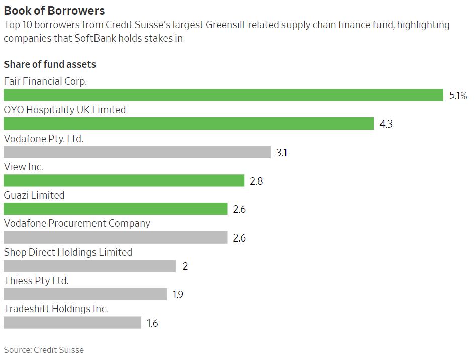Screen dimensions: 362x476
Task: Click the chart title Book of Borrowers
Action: click(54, 10)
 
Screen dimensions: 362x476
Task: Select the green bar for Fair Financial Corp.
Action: click(223, 95)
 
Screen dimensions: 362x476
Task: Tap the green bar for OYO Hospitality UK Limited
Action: click(188, 124)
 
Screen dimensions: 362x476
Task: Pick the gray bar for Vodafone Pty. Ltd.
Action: click(137, 152)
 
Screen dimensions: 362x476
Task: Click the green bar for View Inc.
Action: click(124, 181)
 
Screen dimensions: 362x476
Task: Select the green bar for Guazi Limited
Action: click(115, 209)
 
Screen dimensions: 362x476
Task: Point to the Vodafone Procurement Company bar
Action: click(115, 237)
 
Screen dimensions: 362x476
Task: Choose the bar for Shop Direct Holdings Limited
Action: click(89, 266)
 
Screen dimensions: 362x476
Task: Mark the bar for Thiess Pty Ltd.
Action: click(85, 294)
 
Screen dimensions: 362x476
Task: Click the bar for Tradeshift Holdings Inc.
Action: click(72, 323)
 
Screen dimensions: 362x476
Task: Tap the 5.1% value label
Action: click(458, 96)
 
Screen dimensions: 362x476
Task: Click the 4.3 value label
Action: click(386, 124)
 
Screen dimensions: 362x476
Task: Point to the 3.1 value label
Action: click(281, 153)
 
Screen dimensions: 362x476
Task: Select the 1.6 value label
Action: click(152, 323)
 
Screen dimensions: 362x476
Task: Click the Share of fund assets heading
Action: click(50, 64)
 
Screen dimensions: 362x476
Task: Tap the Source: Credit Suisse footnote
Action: click(44, 350)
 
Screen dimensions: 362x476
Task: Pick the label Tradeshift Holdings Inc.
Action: click(56, 309)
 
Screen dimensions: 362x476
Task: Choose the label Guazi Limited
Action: click(34, 195)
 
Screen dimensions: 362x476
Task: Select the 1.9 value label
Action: click(178, 295)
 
